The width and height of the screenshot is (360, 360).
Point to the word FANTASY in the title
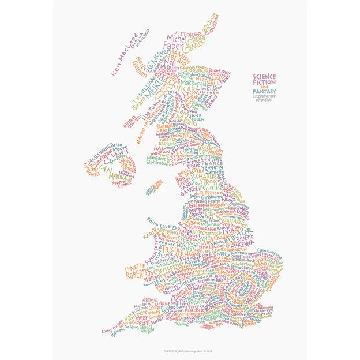click(x=264, y=91)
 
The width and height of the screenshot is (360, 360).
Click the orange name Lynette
click(x=136, y=268)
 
